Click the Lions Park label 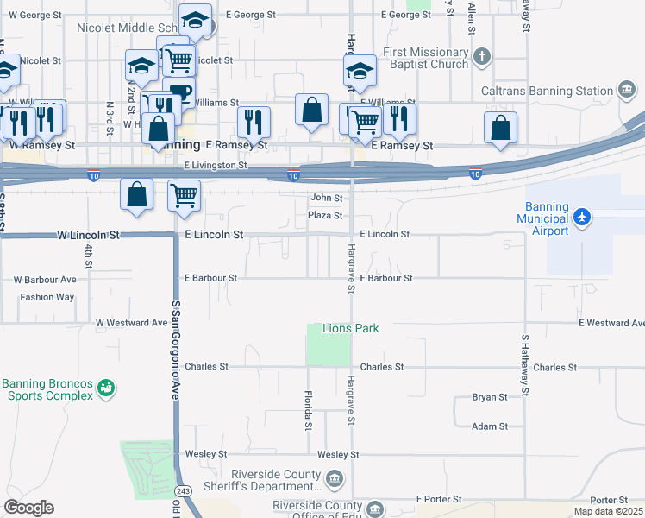[351, 329]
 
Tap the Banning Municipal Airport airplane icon [582, 215]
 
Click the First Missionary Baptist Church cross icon [482, 58]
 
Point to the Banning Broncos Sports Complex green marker [106, 389]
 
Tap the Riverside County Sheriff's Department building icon [335, 477]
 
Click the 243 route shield [182, 491]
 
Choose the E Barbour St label [386, 278]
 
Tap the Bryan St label [490, 397]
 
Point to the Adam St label [490, 426]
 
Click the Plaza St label [327, 215]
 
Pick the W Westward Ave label [132, 323]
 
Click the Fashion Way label [47, 297]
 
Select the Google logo [28, 508]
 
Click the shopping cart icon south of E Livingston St [184, 194]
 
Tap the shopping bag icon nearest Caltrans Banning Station [500, 127]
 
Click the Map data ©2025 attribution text [608, 511]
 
